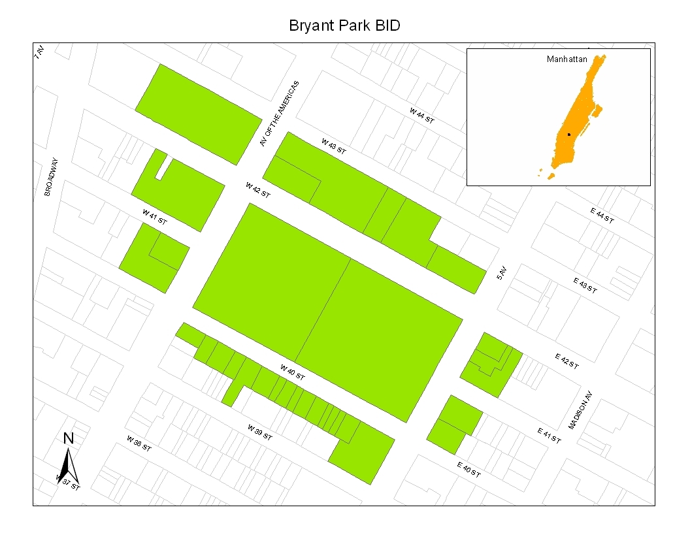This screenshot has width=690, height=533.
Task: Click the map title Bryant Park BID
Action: click(x=344, y=26)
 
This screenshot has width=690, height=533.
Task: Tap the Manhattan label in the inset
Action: click(x=567, y=59)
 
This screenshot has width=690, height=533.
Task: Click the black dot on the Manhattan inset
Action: click(x=569, y=134)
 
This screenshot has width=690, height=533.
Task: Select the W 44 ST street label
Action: click(x=422, y=116)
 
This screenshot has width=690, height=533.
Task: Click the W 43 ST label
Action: click(x=333, y=146)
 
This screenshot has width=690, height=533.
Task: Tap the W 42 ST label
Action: click(x=258, y=190)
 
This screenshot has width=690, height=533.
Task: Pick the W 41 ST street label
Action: click(x=156, y=217)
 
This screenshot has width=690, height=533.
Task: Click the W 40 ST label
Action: click(x=293, y=372)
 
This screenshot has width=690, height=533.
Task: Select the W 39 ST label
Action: click(x=260, y=432)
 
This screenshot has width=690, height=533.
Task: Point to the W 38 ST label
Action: click(x=139, y=444)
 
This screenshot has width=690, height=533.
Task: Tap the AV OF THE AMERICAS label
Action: click(x=279, y=114)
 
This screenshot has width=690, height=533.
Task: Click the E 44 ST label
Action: click(x=602, y=216)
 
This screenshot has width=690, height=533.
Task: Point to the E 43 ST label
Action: click(x=585, y=285)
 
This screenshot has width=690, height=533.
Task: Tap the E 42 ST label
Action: click(x=567, y=362)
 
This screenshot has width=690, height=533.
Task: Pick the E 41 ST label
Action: click(x=549, y=435)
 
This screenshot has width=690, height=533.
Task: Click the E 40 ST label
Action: click(x=468, y=470)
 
